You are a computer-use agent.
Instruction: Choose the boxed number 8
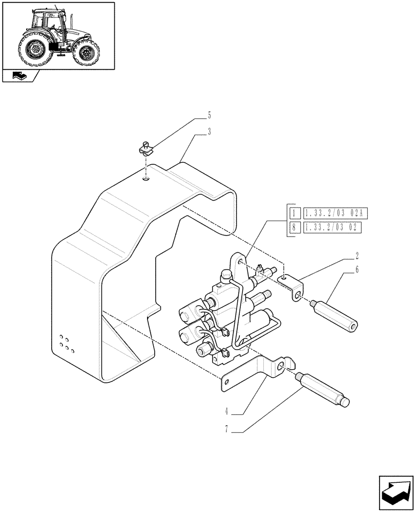(294, 228)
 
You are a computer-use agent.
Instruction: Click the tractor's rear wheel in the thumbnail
(36, 50)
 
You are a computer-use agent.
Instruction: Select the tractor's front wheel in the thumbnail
(85, 53)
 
